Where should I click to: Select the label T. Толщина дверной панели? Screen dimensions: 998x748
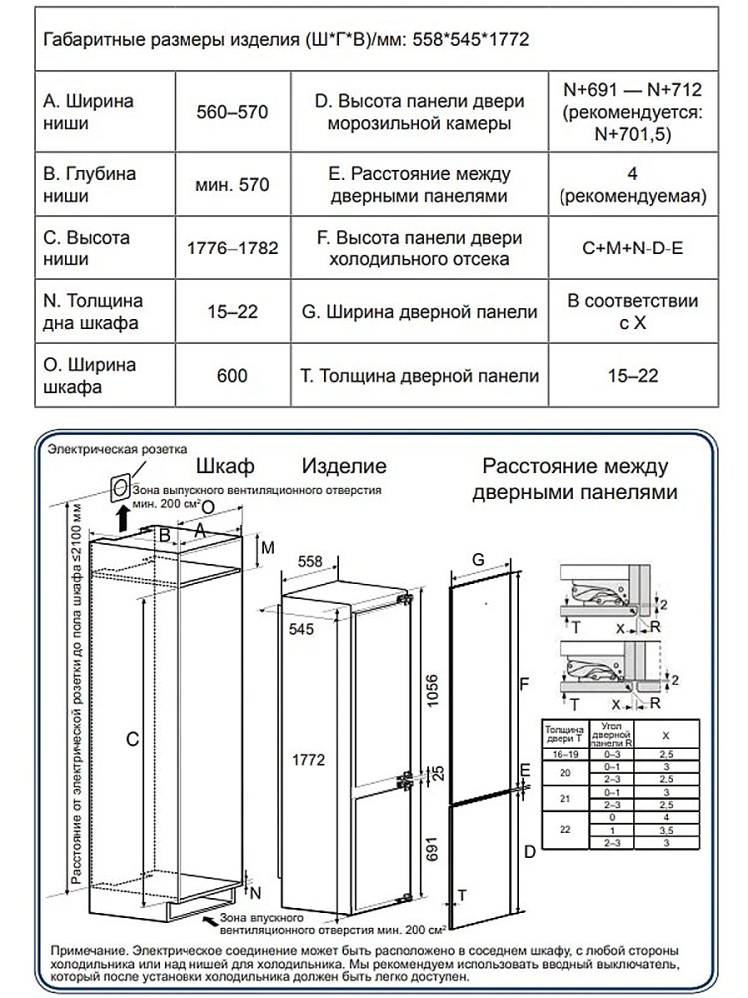click(419, 376)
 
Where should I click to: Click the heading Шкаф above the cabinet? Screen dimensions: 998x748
click(226, 466)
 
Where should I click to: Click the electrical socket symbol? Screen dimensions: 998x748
click(118, 487)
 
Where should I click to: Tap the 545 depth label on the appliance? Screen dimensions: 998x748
click(302, 629)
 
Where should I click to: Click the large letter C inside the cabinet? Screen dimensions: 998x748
click(131, 738)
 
